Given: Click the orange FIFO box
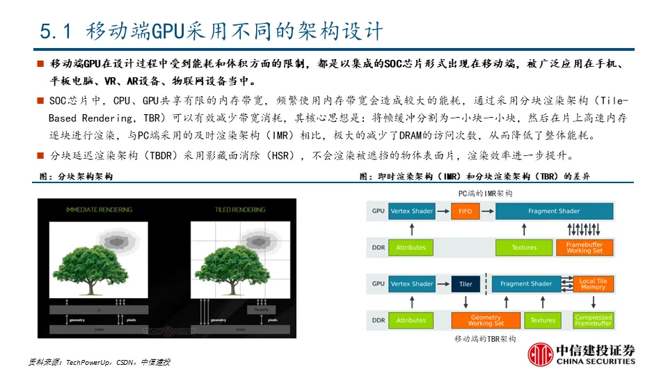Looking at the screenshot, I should click(x=465, y=211).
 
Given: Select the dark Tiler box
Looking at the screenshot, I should click(x=466, y=284).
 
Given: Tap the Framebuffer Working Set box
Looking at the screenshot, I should click(x=584, y=247).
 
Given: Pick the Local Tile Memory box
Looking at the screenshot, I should click(x=593, y=284).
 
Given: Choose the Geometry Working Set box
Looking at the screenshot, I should click(x=485, y=320).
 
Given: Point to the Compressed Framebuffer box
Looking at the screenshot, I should click(x=593, y=320).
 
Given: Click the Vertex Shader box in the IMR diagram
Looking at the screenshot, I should click(x=412, y=211).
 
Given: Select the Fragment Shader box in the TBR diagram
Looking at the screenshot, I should click(x=526, y=284).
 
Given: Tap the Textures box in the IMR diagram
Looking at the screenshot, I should click(x=524, y=247).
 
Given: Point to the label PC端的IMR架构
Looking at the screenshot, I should click(x=485, y=193).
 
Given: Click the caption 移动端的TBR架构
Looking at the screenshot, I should click(x=485, y=338).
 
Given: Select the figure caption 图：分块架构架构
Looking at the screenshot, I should click(x=76, y=177).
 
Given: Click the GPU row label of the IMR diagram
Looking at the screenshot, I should click(x=378, y=211).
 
